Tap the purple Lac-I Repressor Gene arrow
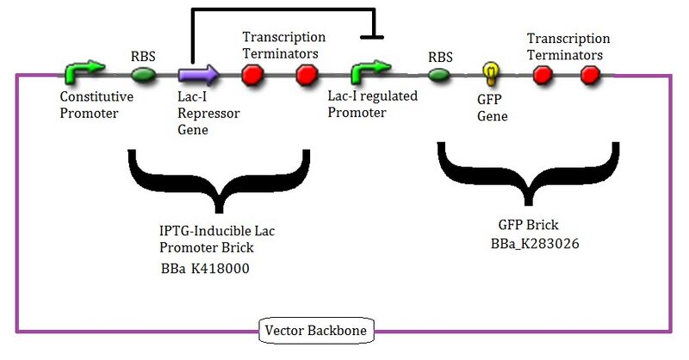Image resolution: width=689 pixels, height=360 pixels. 198,75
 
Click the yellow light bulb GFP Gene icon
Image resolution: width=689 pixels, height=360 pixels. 490,72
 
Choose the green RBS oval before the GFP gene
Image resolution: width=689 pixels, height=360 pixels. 439,76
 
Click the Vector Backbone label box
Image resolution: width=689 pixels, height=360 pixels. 303,329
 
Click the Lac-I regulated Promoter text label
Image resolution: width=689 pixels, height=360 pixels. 372,104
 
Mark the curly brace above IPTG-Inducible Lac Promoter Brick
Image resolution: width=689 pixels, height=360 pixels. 219,179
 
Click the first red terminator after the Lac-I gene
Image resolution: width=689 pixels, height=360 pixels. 252,76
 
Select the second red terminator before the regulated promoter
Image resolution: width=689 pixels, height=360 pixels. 306,76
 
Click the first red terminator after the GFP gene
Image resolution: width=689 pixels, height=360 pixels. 542,76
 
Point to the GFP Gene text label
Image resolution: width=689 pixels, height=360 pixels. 492,107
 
